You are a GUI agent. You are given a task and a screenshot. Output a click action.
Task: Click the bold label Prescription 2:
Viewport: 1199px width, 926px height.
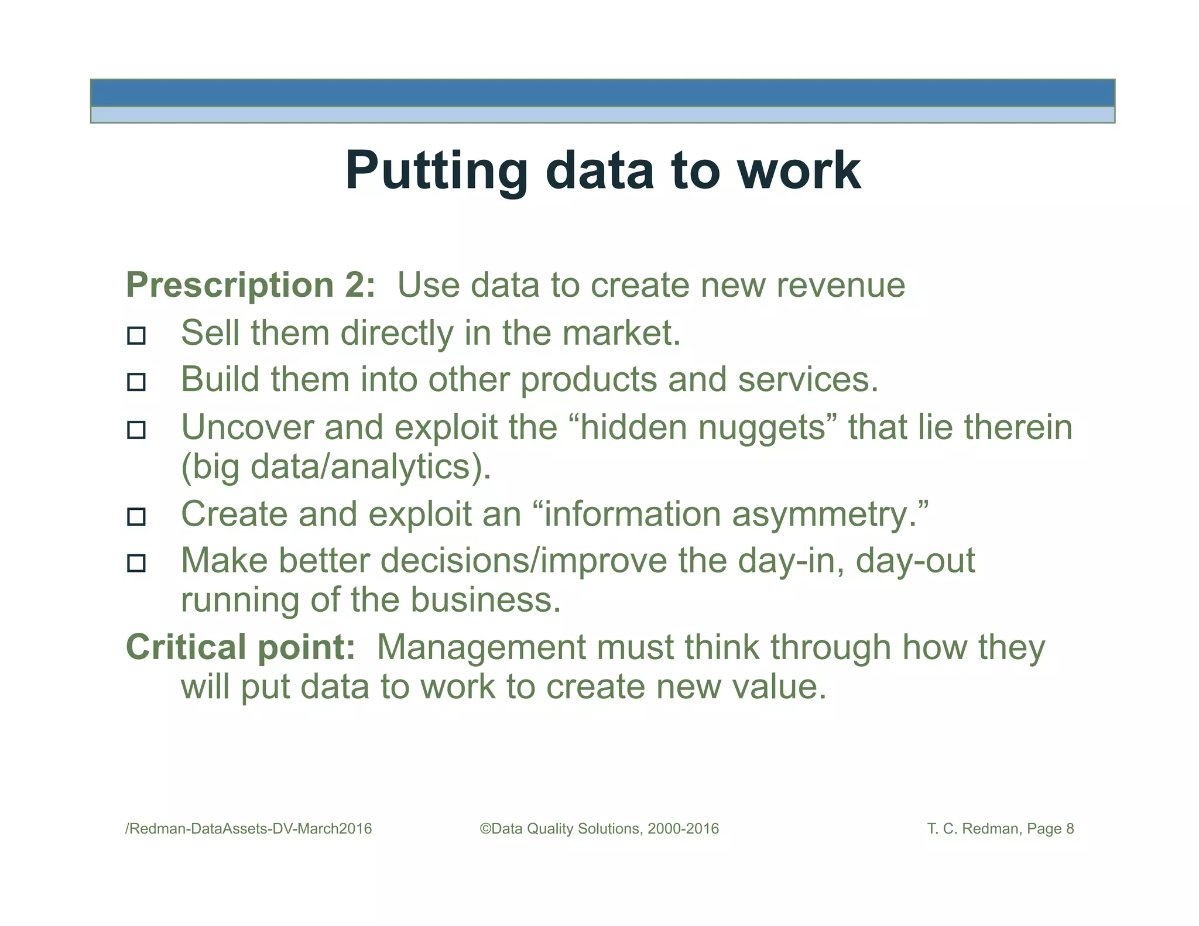(x=251, y=285)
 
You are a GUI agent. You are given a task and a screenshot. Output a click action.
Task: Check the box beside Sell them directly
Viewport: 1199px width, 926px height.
(x=136, y=335)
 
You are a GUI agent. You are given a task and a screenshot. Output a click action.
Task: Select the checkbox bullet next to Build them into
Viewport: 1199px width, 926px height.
(x=136, y=382)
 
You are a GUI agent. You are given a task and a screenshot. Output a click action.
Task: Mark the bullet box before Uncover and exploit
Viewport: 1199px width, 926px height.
(x=136, y=430)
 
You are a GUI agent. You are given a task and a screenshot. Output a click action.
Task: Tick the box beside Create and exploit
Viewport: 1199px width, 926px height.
(x=136, y=516)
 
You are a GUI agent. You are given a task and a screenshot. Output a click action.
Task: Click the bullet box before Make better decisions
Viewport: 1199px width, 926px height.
(x=136, y=563)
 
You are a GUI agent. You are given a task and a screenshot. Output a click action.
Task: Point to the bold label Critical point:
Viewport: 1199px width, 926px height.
(x=240, y=647)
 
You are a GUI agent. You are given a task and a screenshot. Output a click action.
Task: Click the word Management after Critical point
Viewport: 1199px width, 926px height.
(x=481, y=647)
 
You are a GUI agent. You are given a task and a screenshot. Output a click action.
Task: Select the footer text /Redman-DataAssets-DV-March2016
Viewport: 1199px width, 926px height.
(x=249, y=829)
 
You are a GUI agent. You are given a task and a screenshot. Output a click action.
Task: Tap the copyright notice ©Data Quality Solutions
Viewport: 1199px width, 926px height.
(x=599, y=829)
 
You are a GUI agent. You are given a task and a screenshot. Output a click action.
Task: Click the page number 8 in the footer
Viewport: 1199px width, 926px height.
(x=1070, y=829)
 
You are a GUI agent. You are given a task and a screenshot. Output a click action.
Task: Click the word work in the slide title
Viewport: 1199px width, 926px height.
(x=799, y=171)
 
